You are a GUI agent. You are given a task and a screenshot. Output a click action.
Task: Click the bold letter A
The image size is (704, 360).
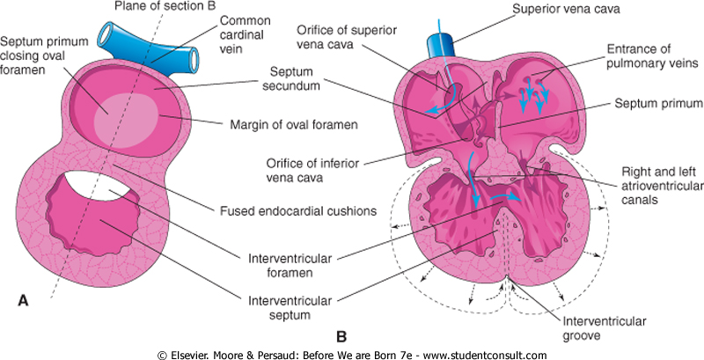(x=24, y=302)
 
